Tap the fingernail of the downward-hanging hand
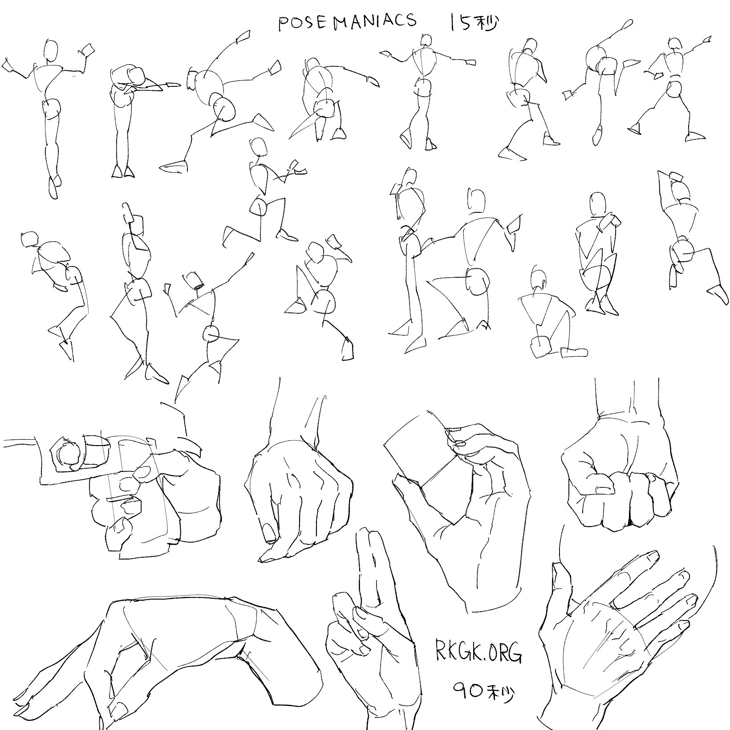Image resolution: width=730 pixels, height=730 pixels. coord(269,532)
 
